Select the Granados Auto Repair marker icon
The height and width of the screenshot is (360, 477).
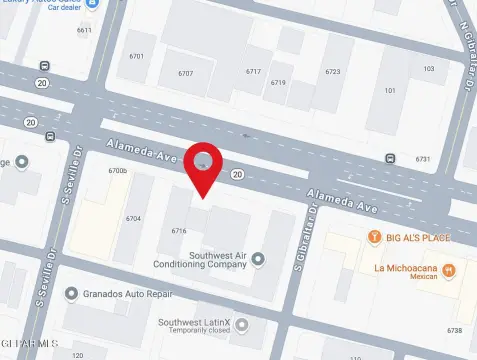point(71,294)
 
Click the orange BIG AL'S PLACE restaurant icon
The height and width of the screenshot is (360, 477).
point(374,237)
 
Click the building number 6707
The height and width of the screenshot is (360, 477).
point(186,74)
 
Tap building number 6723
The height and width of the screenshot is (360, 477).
point(332,72)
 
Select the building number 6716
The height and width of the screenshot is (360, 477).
point(179,231)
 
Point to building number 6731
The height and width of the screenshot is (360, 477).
point(423,159)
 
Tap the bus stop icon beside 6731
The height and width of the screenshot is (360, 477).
point(390,158)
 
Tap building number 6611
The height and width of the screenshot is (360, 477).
point(84,30)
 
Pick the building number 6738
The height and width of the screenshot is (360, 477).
point(455,330)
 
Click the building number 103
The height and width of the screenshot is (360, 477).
point(429,68)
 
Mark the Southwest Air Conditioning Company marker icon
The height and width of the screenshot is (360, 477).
point(258,260)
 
